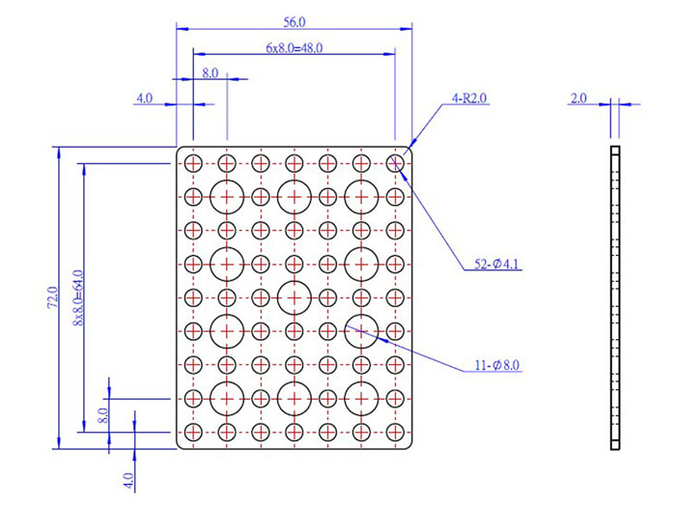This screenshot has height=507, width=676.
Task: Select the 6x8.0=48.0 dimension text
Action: [294, 47]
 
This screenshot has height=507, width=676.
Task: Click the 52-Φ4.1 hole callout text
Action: [498, 264]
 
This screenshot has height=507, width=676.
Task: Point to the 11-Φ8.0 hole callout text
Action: [497, 366]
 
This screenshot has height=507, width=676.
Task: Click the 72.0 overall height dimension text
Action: [52, 297]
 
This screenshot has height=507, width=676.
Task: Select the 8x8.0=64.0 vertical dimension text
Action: [78, 297]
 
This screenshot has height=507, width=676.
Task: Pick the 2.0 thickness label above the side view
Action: [579, 99]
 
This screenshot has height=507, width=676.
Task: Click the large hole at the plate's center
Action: [294, 297]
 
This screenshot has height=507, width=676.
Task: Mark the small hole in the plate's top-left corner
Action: [193, 163]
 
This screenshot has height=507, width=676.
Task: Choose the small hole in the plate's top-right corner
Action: [394, 163]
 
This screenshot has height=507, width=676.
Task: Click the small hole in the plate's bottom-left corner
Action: [193, 431]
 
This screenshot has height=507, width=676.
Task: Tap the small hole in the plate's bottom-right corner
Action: [394, 431]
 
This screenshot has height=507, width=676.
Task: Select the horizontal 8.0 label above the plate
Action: [210, 72]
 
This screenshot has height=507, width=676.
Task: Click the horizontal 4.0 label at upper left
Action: [145, 99]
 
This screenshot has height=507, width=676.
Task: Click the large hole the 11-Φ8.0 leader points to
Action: [360, 330]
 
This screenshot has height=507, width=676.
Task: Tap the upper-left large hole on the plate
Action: [226, 197]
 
